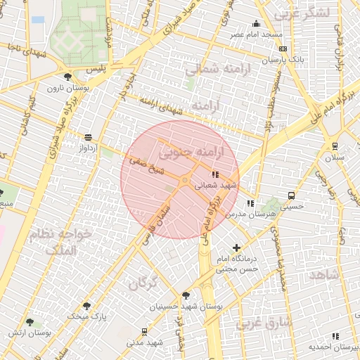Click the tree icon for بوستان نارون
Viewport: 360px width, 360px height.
67,77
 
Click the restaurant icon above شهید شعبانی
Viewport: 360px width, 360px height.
215,174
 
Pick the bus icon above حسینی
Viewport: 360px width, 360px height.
291,196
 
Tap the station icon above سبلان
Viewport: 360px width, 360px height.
335,146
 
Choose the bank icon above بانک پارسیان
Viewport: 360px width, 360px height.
283,49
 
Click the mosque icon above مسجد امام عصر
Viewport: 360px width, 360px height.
257,24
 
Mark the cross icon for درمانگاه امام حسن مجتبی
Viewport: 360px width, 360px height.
236,247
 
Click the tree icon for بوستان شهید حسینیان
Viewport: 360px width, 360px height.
186,295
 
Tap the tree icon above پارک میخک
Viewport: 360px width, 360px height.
86,306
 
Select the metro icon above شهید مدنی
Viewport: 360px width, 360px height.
145,331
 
